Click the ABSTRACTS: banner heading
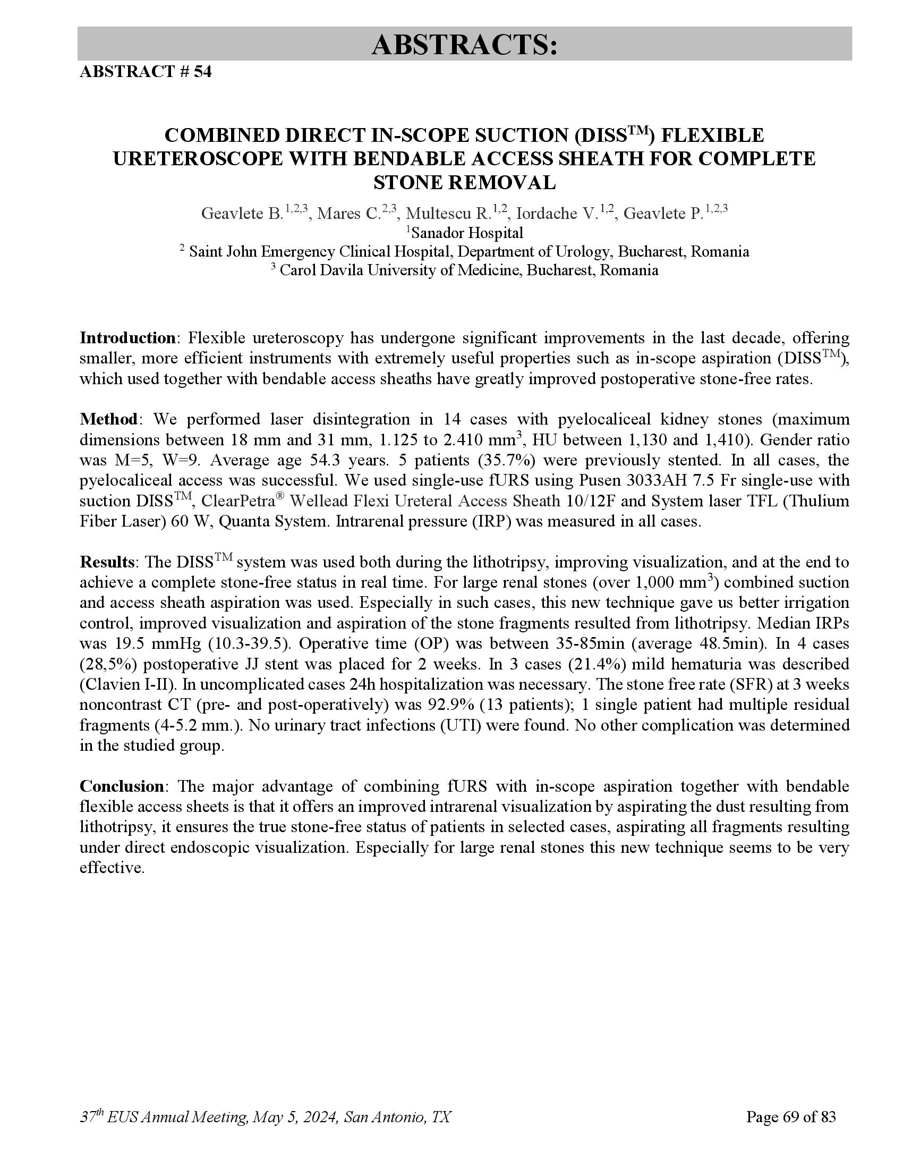[x=464, y=44]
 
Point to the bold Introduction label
[x=127, y=338]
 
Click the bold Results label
[x=106, y=562]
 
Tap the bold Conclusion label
[x=122, y=786]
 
